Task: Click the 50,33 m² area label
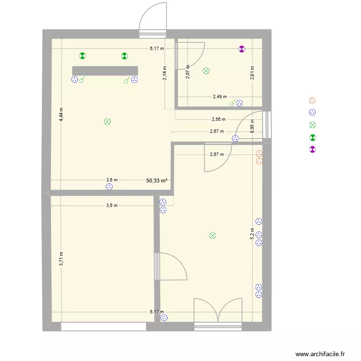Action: click(x=157, y=180)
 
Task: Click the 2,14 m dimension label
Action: click(x=165, y=73)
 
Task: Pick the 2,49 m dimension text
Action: click(x=220, y=97)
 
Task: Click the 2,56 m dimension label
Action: click(x=219, y=119)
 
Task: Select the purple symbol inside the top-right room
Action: click(x=242, y=49)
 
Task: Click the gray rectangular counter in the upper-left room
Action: click(x=105, y=71)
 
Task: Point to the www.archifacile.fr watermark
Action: click(x=321, y=354)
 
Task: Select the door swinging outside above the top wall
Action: click(x=153, y=19)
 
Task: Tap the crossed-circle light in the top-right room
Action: click(x=206, y=71)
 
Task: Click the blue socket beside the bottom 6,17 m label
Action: click(x=164, y=318)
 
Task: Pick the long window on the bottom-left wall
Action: click(x=103, y=326)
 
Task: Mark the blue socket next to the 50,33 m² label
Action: click(x=109, y=187)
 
